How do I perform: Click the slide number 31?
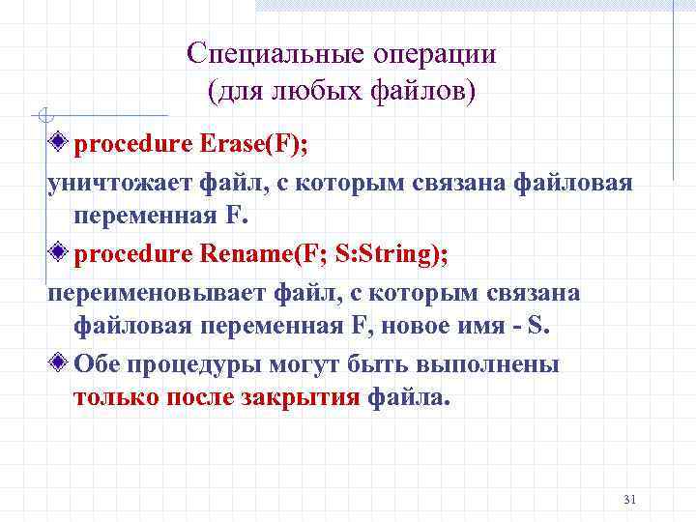[630, 500]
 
